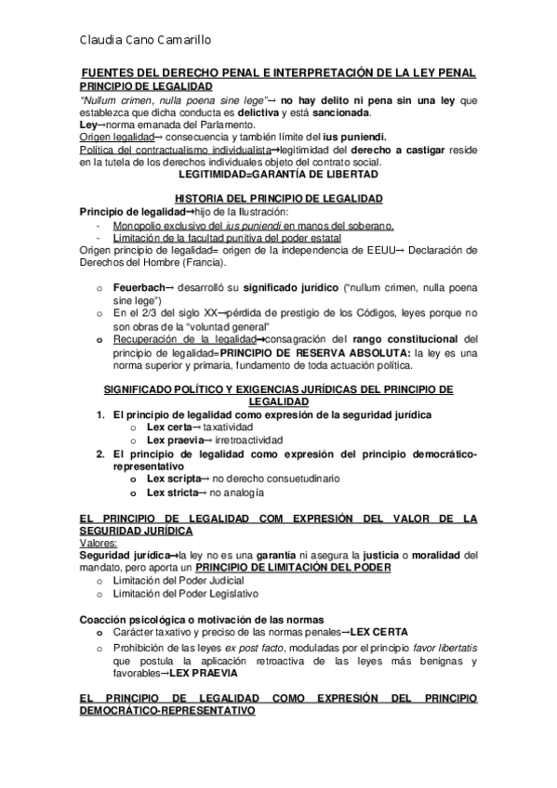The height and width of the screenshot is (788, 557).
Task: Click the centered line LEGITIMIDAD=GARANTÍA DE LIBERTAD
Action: [x=278, y=174]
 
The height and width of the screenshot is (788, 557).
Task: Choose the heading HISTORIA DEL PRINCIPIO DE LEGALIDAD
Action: [x=278, y=199]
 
